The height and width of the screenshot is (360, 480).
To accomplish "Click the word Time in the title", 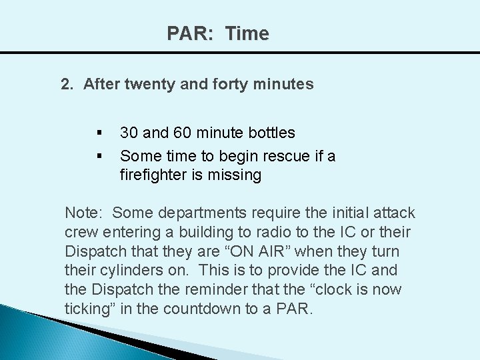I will point(247,33).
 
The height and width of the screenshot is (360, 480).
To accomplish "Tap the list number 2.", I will point(67,85).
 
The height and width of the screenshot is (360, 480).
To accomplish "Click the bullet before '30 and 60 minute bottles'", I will point(99,133).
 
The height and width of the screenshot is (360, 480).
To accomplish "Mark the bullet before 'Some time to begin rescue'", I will point(99,156).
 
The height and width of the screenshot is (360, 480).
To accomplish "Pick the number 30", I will point(129,133).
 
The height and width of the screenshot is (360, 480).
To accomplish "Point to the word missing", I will point(236,175).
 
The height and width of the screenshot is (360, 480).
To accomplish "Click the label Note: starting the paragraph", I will point(83,213).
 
